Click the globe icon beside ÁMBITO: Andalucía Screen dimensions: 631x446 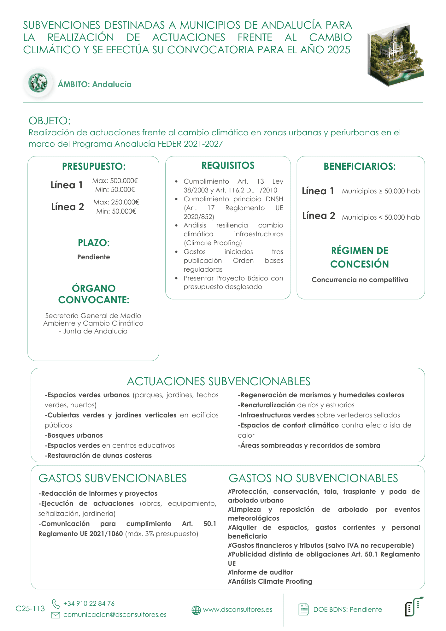(x=38, y=83)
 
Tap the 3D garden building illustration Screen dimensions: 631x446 (x=395, y=55)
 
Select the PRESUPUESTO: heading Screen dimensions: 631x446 (x=94, y=167)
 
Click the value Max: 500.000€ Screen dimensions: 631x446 (x=115, y=181)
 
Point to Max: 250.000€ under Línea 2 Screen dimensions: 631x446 (x=116, y=202)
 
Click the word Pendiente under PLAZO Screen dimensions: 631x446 (x=94, y=257)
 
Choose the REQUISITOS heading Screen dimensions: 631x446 (x=228, y=166)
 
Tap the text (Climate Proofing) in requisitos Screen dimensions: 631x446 (x=213, y=243)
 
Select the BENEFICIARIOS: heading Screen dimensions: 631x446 (x=360, y=167)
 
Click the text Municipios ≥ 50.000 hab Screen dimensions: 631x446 (x=381, y=191)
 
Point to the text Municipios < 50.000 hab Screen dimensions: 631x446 (x=381, y=217)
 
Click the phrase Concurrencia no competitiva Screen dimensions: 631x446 (x=360, y=280)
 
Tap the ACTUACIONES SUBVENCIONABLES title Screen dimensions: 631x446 (x=219, y=381)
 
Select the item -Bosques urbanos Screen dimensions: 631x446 (x=74, y=435)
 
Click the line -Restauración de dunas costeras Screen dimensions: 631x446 (x=98, y=456)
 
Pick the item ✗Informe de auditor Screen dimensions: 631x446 (x=261, y=572)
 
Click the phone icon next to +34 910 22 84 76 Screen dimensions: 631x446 (x=56, y=604)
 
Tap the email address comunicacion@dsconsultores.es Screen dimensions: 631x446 (x=115, y=615)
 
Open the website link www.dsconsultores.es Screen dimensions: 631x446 (x=238, y=610)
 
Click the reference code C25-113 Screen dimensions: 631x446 (x=30, y=609)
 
